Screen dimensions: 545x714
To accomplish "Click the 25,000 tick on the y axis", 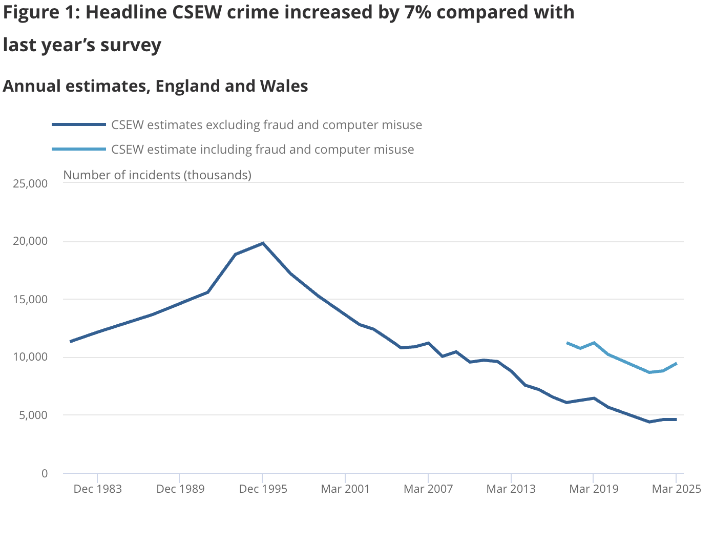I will coord(30,183).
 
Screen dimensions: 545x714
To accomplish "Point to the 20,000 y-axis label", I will coord(30,241).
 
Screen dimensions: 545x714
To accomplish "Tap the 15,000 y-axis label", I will coord(30,299).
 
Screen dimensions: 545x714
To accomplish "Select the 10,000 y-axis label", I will coord(30,357).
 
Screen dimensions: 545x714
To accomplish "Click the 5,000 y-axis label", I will coord(33,415).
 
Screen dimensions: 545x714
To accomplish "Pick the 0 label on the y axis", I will coord(45,473).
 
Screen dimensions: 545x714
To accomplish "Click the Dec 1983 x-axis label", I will coord(97,489).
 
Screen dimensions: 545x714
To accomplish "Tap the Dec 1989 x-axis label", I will coord(180,489).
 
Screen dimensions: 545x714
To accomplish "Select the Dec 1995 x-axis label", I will coord(263,489).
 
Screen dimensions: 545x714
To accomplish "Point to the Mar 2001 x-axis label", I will coord(345,489).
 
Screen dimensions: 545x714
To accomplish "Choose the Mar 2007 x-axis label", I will coord(428,489).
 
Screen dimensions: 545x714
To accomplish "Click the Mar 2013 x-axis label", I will coord(511,489).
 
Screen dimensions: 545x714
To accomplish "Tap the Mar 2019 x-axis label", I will coord(594,489).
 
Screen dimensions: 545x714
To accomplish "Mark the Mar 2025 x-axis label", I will coord(676,489).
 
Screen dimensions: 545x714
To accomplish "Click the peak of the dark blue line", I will coord(263,243).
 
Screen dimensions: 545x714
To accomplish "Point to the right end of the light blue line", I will coord(677,363).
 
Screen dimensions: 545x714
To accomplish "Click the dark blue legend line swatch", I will coord(79,124).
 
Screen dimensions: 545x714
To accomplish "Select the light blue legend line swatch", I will coord(79,149).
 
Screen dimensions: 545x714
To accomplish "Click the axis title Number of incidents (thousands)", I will coord(157,175).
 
